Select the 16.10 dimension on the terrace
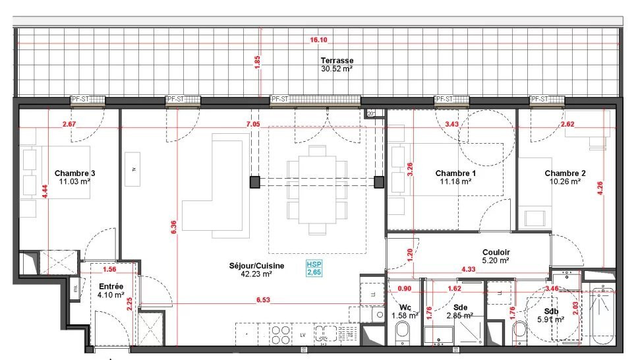(318, 40)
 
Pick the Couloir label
(496, 252)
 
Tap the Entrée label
(110, 287)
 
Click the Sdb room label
(550, 311)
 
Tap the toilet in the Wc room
(403, 337)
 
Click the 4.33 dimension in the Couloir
(469, 270)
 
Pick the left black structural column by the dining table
(254, 181)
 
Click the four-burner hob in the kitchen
(279, 335)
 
